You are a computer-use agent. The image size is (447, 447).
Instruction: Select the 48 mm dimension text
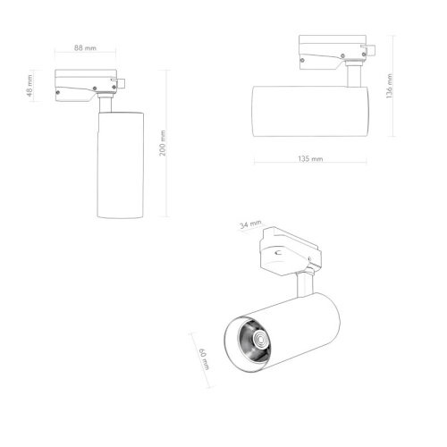tap(30, 88)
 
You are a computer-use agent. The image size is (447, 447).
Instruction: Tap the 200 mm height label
tap(162, 142)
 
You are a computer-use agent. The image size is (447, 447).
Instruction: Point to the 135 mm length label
tap(309, 157)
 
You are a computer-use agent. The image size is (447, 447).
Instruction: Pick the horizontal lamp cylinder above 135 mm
tap(310, 109)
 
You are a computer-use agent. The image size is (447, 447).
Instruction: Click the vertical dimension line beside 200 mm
tap(169, 142)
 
